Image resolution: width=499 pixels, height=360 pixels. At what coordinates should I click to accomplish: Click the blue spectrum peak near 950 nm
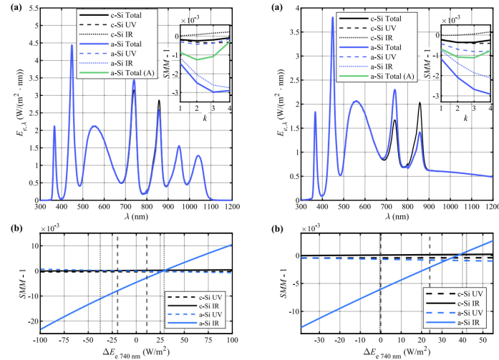pos(179,146)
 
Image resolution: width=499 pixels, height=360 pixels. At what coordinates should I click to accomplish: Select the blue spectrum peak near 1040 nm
pos(198,155)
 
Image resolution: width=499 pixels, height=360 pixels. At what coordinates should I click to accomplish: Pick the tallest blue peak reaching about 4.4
pos(72,45)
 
